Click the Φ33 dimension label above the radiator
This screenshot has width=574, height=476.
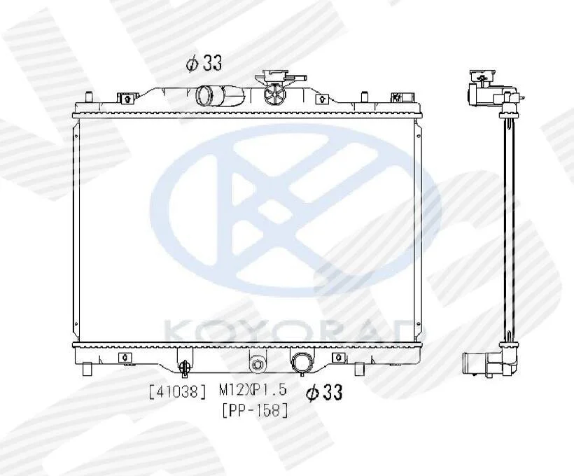pyautogui.click(x=204, y=63)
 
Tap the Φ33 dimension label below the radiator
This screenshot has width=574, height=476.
pyautogui.click(x=324, y=393)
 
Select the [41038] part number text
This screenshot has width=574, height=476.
pyautogui.click(x=178, y=392)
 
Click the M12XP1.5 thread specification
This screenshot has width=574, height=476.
pyautogui.click(x=253, y=390)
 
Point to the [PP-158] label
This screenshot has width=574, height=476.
pyautogui.click(x=255, y=410)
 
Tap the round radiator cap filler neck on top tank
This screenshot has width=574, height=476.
pyautogui.click(x=274, y=94)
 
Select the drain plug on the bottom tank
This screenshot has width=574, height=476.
pyautogui.click(x=185, y=368)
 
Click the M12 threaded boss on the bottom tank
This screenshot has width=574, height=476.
pyautogui.click(x=258, y=365)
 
